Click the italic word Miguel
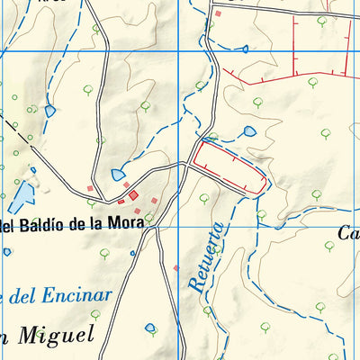[x=58, y=335]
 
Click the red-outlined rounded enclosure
[x=229, y=168]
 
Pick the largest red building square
[x=134, y=195]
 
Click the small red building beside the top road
[x=217, y=13]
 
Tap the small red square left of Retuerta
[x=176, y=267]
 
